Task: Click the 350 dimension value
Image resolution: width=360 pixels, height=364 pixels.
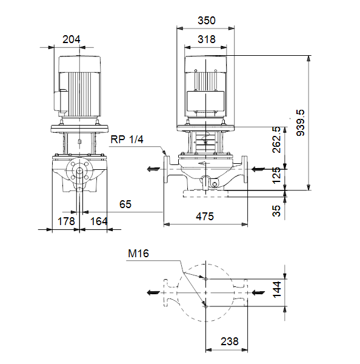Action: [207, 21]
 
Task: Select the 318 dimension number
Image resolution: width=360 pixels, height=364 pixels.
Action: [207, 39]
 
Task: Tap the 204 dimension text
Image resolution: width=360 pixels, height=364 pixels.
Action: [71, 39]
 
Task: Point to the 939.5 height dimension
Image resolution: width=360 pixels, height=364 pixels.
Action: [301, 123]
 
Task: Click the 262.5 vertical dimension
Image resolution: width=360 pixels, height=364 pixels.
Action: [276, 140]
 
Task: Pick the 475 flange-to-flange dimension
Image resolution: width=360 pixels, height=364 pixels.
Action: [205, 217]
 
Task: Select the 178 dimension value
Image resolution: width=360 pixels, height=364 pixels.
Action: [66, 221]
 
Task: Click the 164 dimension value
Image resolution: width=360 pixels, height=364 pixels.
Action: [99, 221]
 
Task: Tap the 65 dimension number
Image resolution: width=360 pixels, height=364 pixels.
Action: [125, 204]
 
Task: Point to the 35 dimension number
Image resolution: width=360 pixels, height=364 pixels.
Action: [276, 211]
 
